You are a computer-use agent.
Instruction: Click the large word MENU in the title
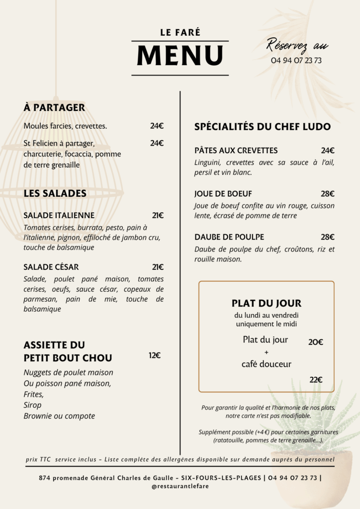[180, 55]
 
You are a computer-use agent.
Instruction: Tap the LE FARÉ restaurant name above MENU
[180, 33]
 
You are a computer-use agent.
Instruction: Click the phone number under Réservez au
[296, 61]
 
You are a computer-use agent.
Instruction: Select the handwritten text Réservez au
[297, 45]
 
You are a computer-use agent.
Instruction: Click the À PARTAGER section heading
[54, 107]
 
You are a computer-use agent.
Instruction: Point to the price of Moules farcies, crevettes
[157, 126]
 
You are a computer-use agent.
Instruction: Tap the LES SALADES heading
[55, 193]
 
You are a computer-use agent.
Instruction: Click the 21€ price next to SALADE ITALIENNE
[158, 215]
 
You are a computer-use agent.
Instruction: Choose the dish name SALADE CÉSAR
[51, 267]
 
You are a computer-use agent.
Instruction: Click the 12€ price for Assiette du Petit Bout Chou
[155, 355]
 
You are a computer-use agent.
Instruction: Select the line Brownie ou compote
[59, 416]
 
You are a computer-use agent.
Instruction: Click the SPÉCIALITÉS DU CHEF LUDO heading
[263, 127]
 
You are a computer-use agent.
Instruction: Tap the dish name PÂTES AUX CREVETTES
[236, 151]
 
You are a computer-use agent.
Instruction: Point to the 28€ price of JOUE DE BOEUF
[328, 194]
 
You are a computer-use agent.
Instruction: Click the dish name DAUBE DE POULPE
[229, 237]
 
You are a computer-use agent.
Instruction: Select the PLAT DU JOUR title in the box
[267, 303]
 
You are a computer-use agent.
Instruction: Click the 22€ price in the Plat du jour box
[316, 380]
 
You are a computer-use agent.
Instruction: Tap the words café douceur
[267, 364]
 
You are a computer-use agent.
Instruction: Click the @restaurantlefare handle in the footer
[180, 487]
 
